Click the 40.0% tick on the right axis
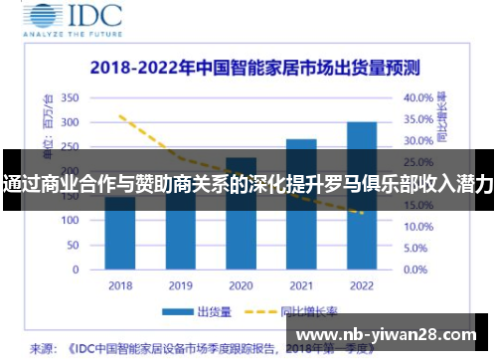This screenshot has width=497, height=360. (x=417, y=97)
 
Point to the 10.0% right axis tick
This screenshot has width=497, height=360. (x=417, y=227)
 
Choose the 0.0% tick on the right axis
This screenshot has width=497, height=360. (x=415, y=269)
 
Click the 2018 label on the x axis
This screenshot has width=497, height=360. (x=120, y=285)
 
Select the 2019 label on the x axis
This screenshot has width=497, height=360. (x=180, y=285)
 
